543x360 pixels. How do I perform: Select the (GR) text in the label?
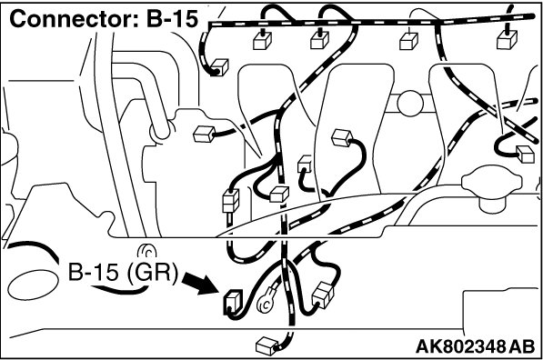tap(152, 272)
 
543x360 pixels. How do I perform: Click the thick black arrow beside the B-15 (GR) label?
tap(200, 283)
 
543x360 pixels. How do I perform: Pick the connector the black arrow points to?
tap(232, 303)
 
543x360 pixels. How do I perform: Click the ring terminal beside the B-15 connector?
tap(265, 304)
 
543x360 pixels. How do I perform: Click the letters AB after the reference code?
tap(522, 346)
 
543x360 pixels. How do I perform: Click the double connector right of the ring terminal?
tap(323, 295)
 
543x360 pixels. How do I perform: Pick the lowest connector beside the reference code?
tap(267, 345)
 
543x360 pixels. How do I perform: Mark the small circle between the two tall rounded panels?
tap(410, 103)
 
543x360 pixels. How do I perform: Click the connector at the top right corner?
tap(507, 39)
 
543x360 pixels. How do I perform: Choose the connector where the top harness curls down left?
tap(219, 67)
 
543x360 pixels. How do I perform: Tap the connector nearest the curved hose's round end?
tap(205, 135)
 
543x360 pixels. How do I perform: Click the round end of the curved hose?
tap(160, 132)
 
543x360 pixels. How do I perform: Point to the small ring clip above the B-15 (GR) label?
tap(147, 251)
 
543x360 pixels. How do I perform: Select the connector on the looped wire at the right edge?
tap(526, 154)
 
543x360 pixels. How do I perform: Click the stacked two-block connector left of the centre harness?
tap(231, 201)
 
